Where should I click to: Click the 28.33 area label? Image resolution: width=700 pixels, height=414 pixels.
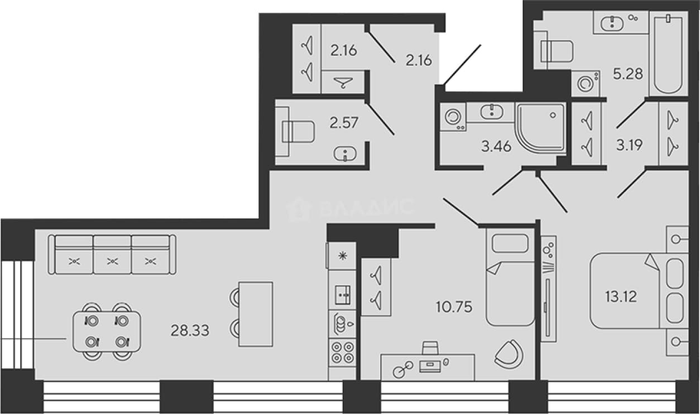pos(190,330)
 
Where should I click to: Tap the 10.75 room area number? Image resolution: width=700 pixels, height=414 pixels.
pos(454,307)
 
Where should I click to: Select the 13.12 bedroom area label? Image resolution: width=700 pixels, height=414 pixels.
pos(621,296)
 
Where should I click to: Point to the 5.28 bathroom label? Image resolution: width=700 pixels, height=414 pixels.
pos(628,74)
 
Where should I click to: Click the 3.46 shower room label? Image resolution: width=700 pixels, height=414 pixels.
pos(496,146)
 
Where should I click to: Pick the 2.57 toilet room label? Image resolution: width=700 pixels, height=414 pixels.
pos(344,123)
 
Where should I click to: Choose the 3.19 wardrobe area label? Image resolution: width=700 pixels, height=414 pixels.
pos(629,145)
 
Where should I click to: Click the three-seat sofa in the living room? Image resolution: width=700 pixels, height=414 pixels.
pos(112,254)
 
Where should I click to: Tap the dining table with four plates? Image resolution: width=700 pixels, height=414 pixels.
pos(107,331)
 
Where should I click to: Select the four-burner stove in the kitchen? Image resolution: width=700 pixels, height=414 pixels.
pos(343,352)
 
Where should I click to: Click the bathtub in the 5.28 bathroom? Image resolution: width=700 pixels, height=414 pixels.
pos(668,54)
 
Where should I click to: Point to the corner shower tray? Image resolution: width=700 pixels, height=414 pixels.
pos(540,128)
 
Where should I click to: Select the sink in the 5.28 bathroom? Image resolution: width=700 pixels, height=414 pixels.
pos(612,23)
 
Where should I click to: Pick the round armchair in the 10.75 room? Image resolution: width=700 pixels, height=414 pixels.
pos(509,354)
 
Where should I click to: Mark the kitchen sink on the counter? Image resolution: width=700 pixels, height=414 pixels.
pos(343,295)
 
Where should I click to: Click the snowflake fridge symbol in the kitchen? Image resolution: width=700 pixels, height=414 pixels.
pos(343,256)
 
